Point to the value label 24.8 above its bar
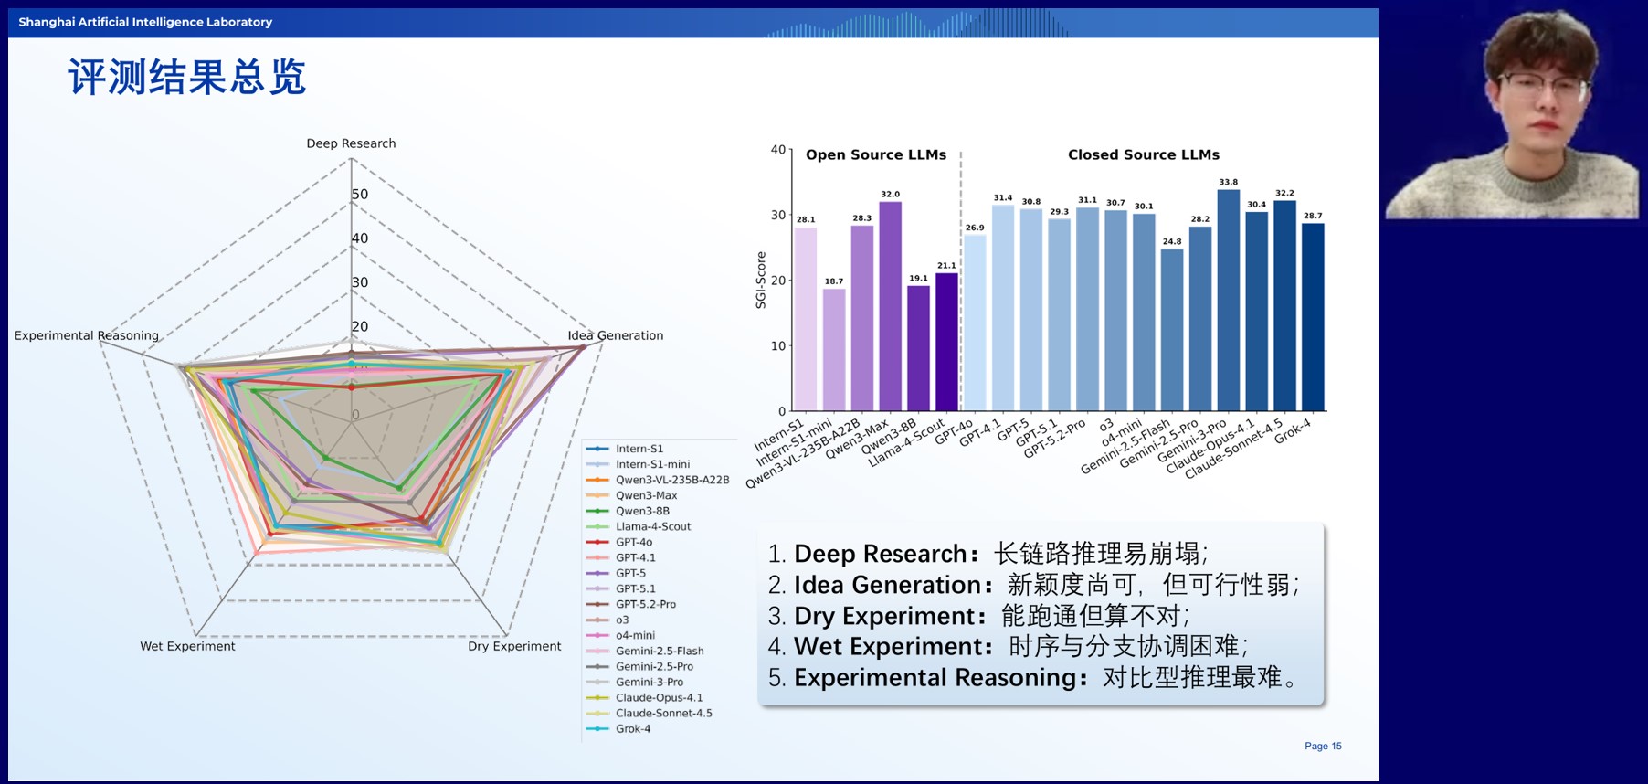coord(1172,242)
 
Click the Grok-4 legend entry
coord(632,729)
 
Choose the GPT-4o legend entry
coord(633,543)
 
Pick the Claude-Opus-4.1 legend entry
coord(659,698)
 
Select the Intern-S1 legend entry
coord(639,449)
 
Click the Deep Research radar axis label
coord(351,143)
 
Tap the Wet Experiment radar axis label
coord(187,646)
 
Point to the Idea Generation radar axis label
coord(616,335)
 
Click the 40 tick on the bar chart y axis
coord(777,149)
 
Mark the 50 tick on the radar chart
coord(360,195)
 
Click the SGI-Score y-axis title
coord(761,280)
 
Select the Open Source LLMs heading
coord(875,155)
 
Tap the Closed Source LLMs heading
coord(1143,155)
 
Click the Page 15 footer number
coord(1323,747)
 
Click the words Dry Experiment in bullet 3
coord(883,616)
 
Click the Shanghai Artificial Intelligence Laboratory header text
coord(145,22)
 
